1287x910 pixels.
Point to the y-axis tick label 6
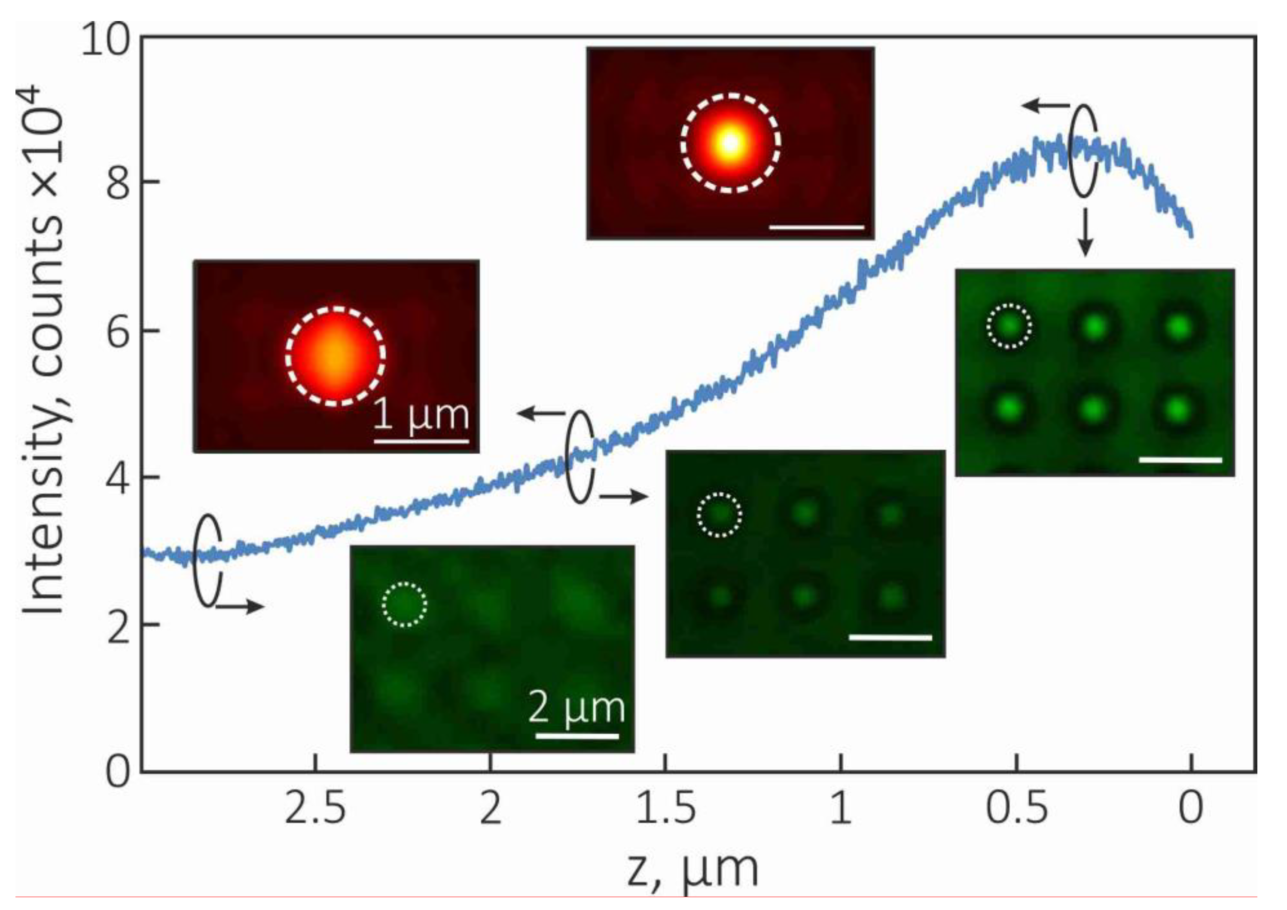pos(117,330)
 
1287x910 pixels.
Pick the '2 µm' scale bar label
pos(577,708)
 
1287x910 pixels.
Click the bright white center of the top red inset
pos(729,142)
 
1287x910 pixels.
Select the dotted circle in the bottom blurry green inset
pos(405,605)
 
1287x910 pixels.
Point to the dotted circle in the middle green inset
pos(719,514)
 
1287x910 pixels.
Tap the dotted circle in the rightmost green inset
pos(1009,326)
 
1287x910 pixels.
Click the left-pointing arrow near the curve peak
pos(1046,105)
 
